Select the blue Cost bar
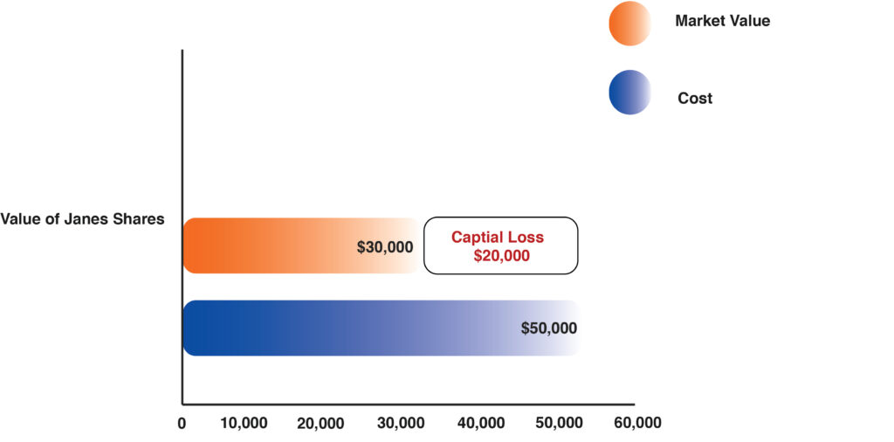[x=349, y=328]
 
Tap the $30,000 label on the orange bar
[x=385, y=247]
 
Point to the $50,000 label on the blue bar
[x=549, y=328]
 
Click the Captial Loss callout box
[x=500, y=245]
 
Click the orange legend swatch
[x=629, y=22]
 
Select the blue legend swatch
[x=629, y=93]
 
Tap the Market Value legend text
[x=722, y=21]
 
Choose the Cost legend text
[x=695, y=99]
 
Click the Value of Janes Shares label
[x=83, y=219]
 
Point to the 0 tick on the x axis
[x=182, y=424]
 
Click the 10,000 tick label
[x=243, y=424]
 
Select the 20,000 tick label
[x=321, y=424]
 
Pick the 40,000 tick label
[x=480, y=424]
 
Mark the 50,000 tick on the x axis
[x=559, y=424]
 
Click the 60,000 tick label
[x=637, y=424]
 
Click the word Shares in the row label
[x=139, y=219]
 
